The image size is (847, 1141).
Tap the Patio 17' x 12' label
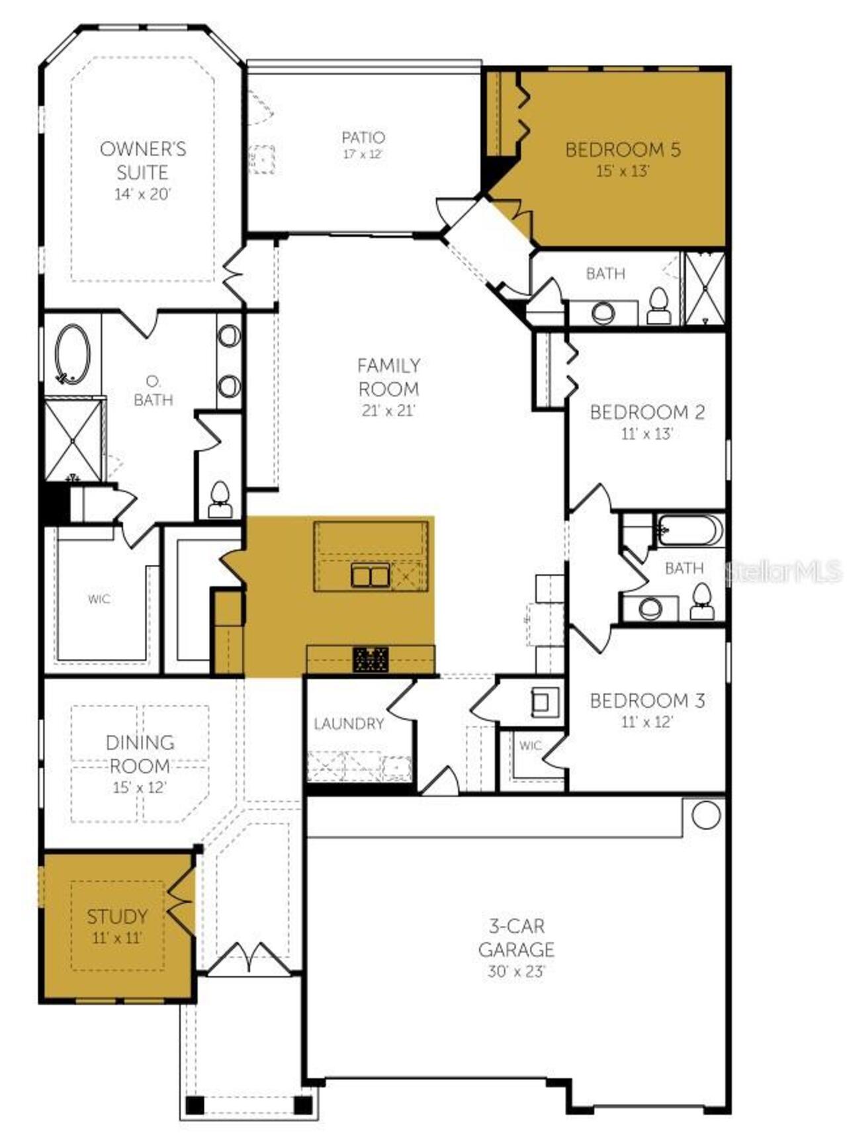(363, 145)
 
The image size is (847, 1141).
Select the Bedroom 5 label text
(623, 149)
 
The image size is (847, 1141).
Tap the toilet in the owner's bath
(219, 499)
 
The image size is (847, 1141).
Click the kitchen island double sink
(370, 575)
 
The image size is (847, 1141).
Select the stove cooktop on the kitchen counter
(371, 659)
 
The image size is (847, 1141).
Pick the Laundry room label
(349, 724)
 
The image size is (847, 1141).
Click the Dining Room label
(140, 753)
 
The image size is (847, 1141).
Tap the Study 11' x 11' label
(117, 926)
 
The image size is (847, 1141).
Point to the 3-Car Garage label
(516, 937)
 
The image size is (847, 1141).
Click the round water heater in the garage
(706, 815)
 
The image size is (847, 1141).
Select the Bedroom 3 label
(647, 700)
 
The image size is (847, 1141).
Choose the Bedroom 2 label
(647, 412)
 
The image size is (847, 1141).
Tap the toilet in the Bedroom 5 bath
(658, 307)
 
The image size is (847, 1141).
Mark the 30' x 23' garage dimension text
(516, 971)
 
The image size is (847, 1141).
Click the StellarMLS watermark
(783, 571)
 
